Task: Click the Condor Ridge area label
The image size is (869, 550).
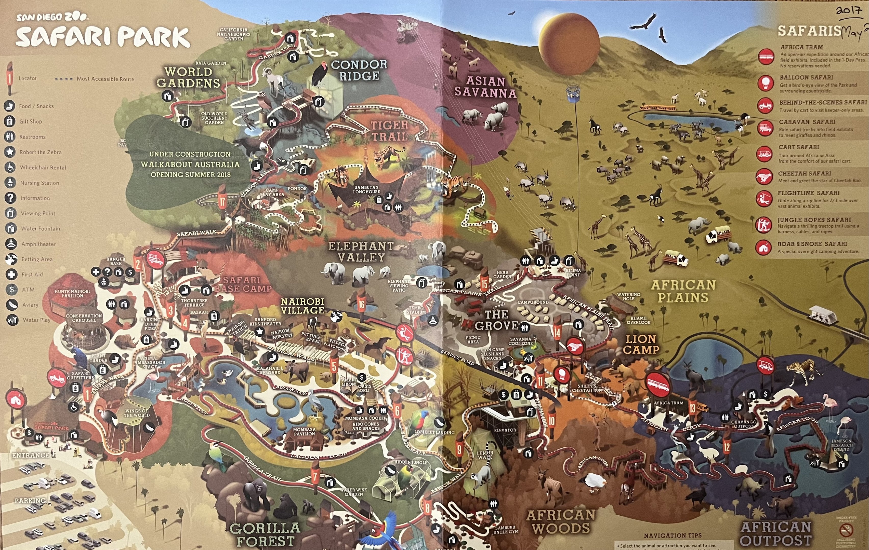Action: pos(359,70)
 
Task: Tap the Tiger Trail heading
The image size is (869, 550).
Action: pos(389,131)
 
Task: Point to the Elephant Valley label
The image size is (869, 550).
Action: pos(361,252)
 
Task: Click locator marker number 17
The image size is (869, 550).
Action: pos(222,199)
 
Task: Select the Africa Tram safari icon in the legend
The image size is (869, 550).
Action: pos(766,56)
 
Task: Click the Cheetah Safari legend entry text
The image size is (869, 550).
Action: pos(804,173)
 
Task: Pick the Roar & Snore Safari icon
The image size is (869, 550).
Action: pos(763,248)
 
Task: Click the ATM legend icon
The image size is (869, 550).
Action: pos(11,289)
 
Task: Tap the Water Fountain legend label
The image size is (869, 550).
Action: pos(41,229)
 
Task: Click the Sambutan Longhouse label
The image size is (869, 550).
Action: pos(366,189)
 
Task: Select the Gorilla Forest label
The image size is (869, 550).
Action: pos(265,534)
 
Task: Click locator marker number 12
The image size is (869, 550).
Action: pos(727,447)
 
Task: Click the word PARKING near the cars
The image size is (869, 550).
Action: pos(30,501)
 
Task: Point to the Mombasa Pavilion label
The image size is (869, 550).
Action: pos(304,432)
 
